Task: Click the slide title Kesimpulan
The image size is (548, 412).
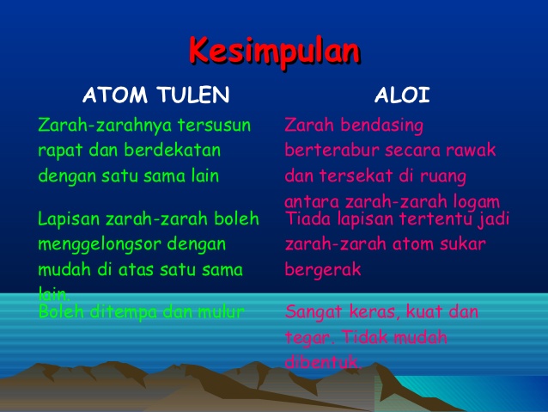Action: pos(274,51)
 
